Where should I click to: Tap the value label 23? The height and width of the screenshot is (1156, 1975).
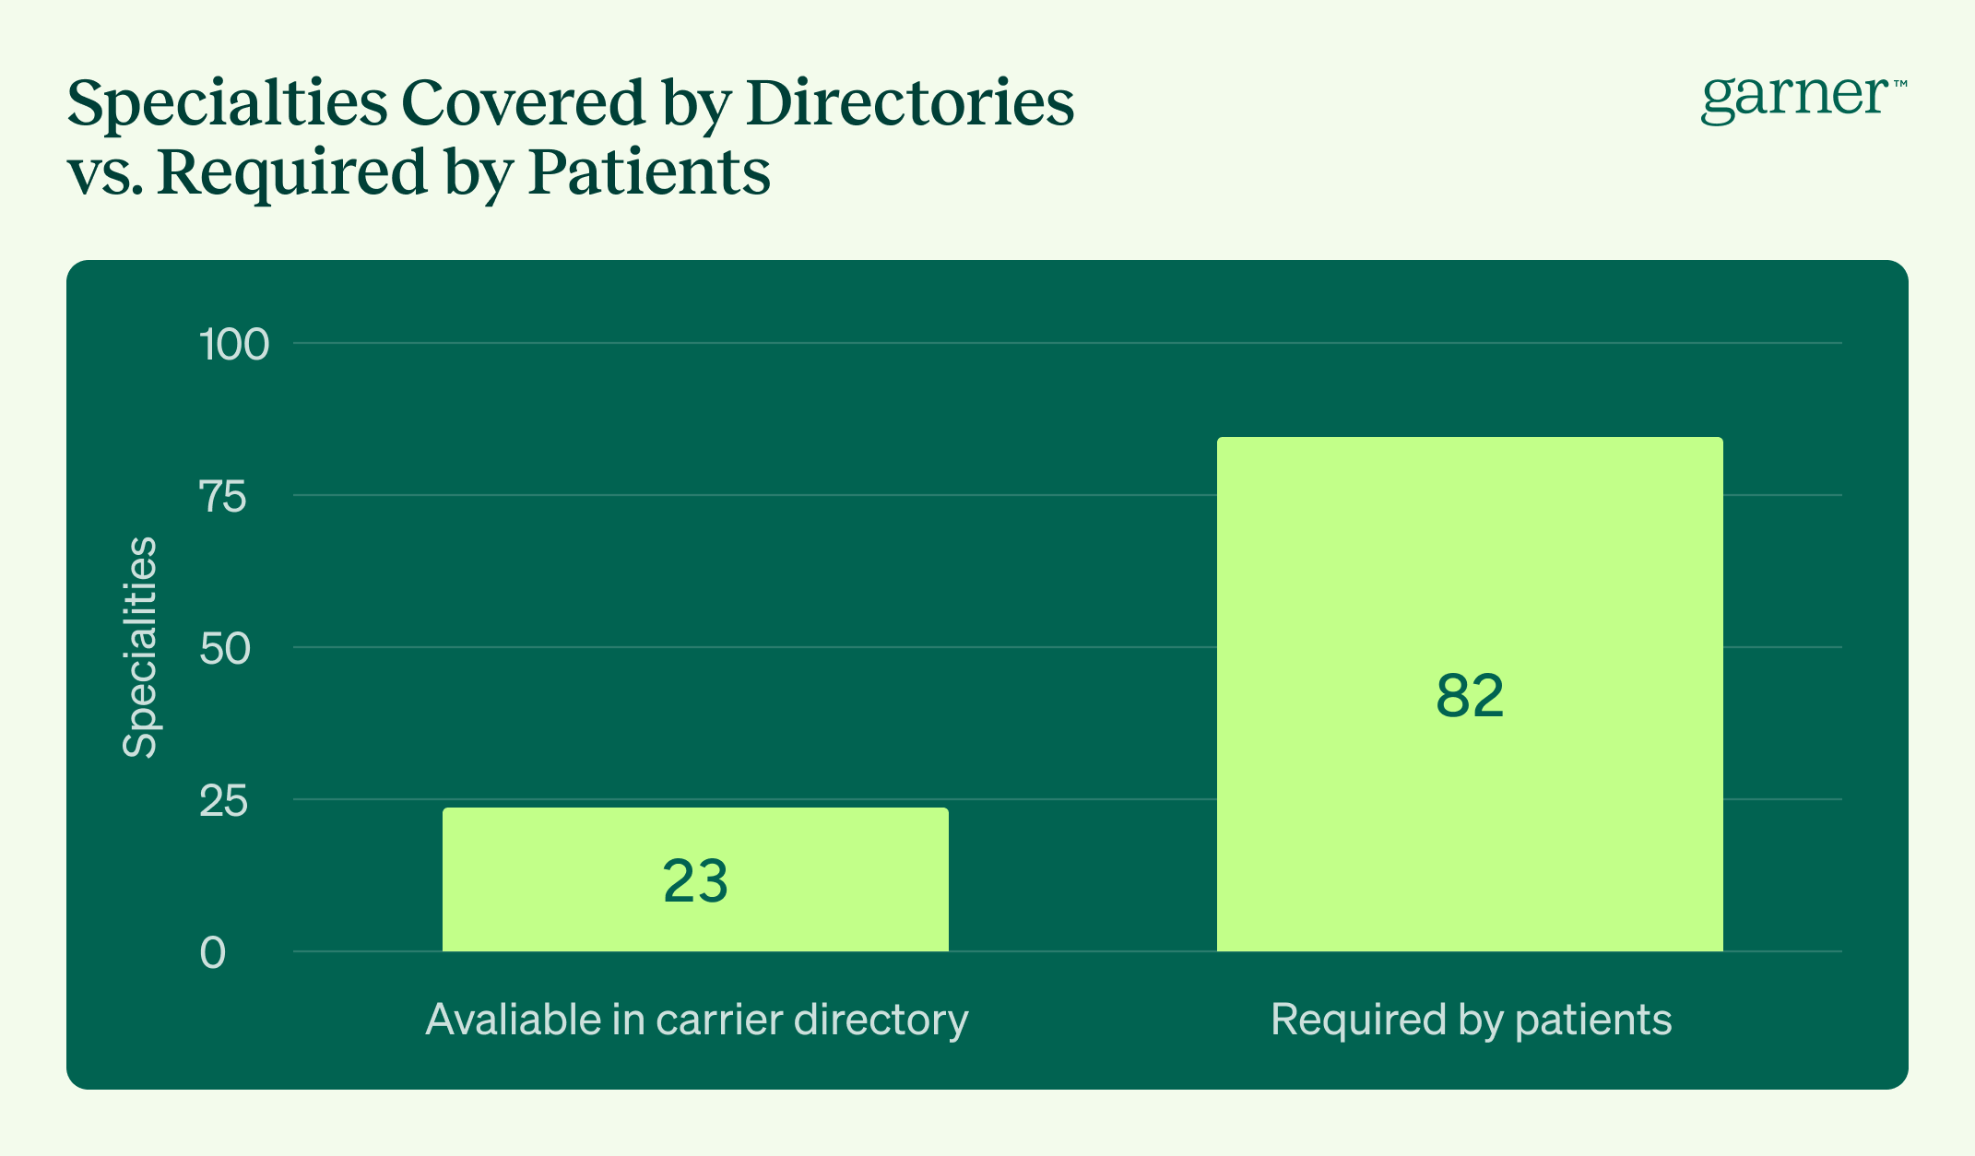(695, 881)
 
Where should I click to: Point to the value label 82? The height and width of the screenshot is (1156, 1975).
(1470, 696)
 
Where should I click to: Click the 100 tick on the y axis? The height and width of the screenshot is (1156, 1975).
(234, 345)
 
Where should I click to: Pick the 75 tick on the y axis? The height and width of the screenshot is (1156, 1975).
(224, 497)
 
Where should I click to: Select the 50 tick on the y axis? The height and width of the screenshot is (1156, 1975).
(225, 649)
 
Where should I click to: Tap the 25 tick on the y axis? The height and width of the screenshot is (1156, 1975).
(224, 801)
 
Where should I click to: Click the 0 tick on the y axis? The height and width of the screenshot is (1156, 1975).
(213, 953)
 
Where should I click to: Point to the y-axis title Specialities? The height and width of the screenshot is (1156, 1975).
(141, 647)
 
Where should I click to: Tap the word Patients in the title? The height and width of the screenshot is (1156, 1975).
(649, 171)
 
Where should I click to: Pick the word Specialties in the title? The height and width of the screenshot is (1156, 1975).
(227, 104)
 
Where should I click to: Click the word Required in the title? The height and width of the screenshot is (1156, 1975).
(292, 173)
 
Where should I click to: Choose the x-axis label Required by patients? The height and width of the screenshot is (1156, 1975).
(1471, 1020)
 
